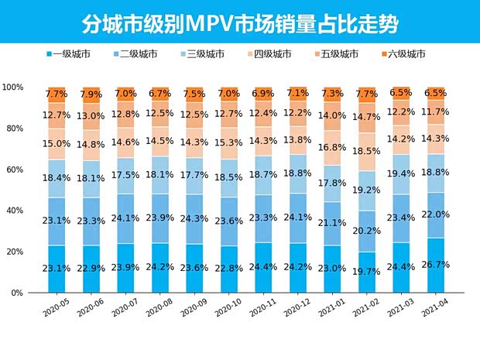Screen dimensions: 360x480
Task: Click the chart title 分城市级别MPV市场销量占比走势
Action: (x=239, y=23)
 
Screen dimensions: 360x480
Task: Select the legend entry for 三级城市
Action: (x=204, y=54)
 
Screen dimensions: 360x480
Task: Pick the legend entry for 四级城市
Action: (x=270, y=54)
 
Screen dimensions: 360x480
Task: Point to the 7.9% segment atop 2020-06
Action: (x=91, y=94)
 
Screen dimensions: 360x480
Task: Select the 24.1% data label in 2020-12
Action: (x=297, y=218)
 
